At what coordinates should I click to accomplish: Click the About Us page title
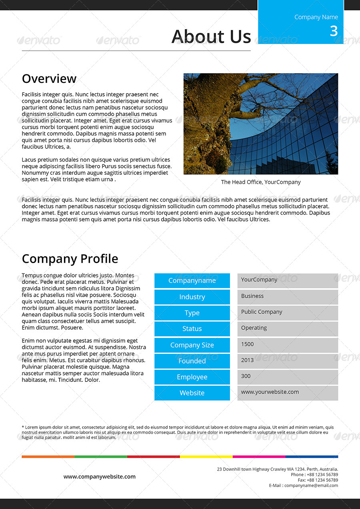[211, 36]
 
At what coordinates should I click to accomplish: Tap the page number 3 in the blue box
[334, 31]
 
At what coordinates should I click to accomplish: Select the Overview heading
[49, 79]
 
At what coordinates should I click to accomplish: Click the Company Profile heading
[70, 259]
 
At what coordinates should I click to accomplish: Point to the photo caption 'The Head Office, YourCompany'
[261, 182]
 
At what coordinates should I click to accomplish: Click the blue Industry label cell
[192, 297]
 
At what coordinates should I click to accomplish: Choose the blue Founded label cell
[192, 361]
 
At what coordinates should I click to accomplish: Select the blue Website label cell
[192, 393]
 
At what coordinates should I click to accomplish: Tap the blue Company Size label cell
[192, 345]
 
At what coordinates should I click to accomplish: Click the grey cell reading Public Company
[288, 313]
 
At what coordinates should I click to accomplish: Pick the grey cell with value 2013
[288, 361]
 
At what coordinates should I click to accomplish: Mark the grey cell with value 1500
[288, 345]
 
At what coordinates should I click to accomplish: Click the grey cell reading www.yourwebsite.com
[288, 393]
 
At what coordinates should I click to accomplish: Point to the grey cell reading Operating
[288, 329]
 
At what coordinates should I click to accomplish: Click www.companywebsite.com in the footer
[100, 477]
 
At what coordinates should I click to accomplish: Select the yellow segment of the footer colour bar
[206, 456]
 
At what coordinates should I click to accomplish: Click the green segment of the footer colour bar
[100, 456]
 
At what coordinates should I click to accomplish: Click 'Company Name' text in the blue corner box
[316, 17]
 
